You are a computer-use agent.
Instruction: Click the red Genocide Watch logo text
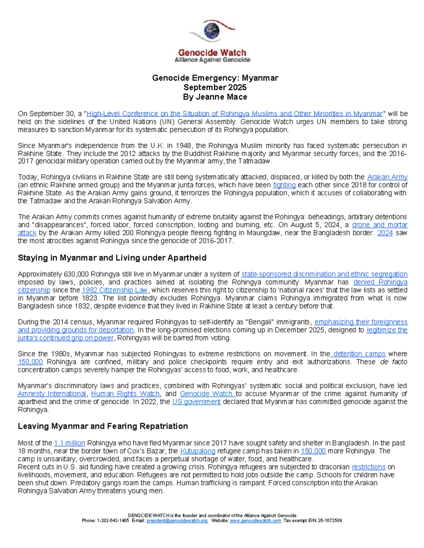(212, 53)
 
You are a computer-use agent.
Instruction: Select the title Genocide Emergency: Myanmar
(215, 78)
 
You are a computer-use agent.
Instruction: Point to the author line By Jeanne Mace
(215, 97)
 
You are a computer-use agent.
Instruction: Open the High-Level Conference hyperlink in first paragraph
(234, 114)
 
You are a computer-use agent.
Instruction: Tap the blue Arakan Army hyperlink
(387, 177)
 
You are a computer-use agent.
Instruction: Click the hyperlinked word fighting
(284, 185)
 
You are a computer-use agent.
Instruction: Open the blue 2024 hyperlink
(385, 233)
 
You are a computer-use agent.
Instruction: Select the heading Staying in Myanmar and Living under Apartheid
(112, 258)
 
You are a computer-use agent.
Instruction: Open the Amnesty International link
(52, 394)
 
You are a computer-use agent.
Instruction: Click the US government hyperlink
(196, 402)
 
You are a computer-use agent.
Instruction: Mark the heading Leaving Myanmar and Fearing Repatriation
(102, 426)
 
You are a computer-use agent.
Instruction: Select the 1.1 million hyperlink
(69, 443)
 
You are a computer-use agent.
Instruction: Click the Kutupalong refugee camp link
(198, 451)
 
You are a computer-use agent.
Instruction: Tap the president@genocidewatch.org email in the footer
(177, 520)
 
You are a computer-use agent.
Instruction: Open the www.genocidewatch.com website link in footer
(255, 520)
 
